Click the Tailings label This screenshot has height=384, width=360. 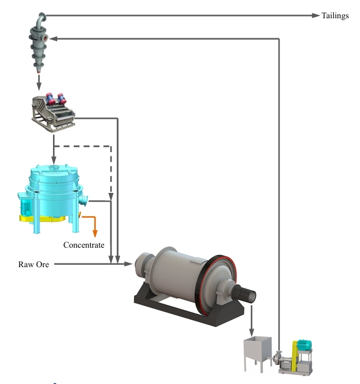pyautogui.click(x=335, y=16)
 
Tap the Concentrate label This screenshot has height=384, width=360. pyautogui.click(x=84, y=245)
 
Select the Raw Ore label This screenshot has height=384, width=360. pyautogui.click(x=34, y=264)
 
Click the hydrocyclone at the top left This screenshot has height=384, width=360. pyautogui.click(x=38, y=43)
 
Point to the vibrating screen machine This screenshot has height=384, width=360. pyautogui.click(x=53, y=112)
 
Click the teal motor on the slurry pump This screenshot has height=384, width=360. pyautogui.click(x=305, y=344)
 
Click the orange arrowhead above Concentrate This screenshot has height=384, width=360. pyautogui.click(x=95, y=234)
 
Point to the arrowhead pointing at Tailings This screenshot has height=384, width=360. pyautogui.click(x=316, y=15)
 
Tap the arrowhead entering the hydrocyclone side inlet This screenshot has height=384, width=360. pyautogui.click(x=54, y=39)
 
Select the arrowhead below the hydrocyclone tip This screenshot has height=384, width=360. pyautogui.click(x=39, y=86)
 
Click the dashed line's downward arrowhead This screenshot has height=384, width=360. pyautogui.click(x=111, y=197)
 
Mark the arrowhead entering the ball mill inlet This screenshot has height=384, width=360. pyautogui.click(x=128, y=264)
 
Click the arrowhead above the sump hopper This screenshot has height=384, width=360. pyautogui.click(x=252, y=332)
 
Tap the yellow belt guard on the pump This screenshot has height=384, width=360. pyautogui.click(x=295, y=357)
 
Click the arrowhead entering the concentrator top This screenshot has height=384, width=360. pyautogui.click(x=54, y=161)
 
